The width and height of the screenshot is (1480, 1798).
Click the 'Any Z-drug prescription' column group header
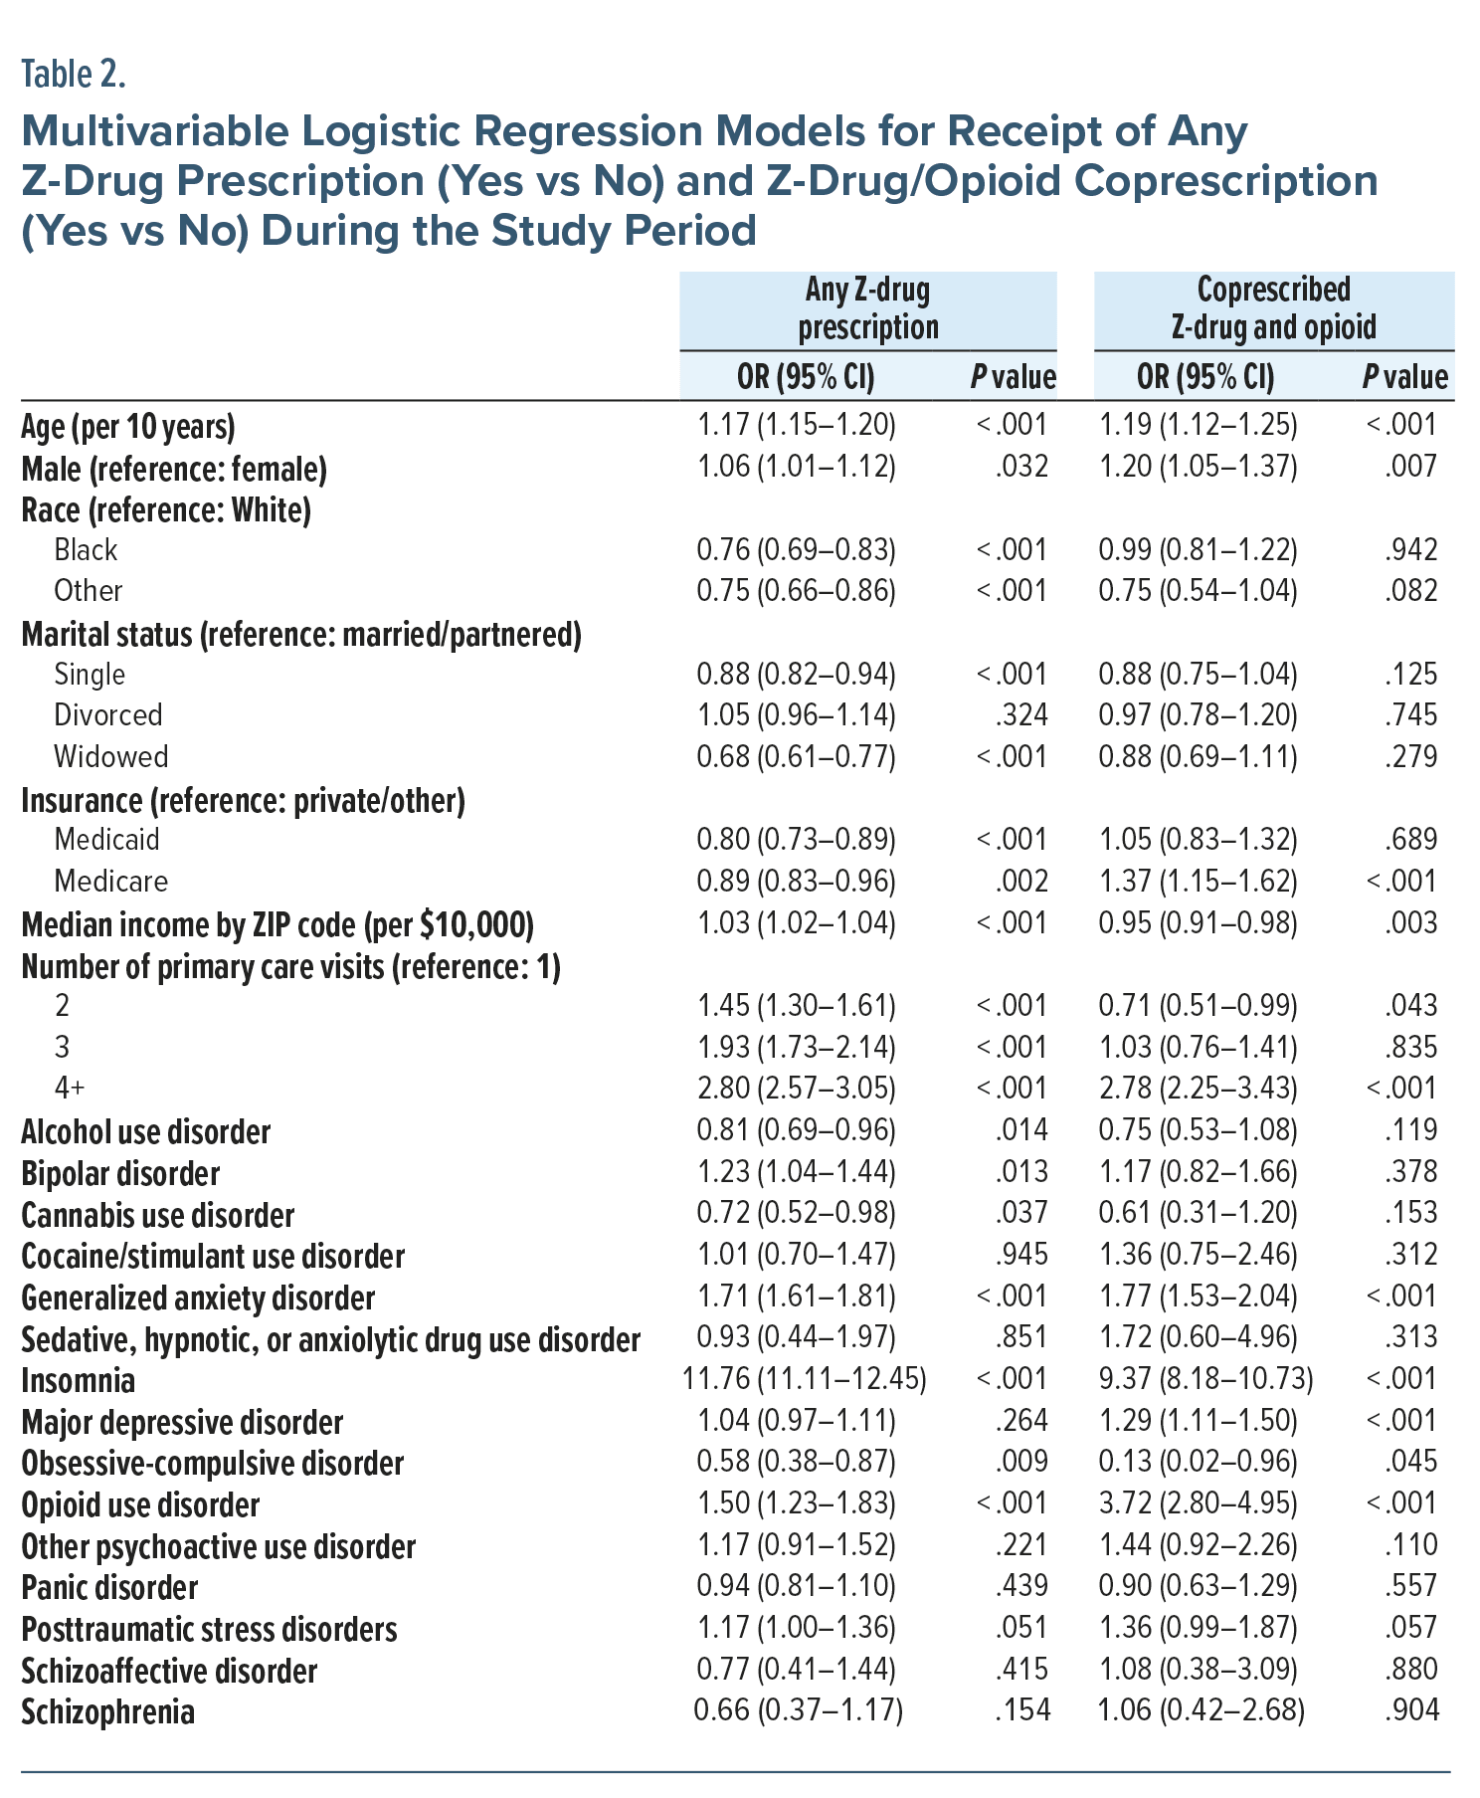coord(867,308)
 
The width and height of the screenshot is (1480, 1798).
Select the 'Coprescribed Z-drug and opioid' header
coord(1273,308)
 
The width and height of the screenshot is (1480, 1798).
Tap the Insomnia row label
coord(79,1381)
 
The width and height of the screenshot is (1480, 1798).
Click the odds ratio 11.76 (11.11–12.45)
coord(804,1379)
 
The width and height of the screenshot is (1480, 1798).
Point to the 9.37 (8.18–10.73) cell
coord(1205,1379)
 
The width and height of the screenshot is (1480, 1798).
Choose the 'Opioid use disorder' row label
coord(140,1505)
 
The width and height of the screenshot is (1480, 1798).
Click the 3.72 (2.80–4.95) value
coord(1198,1503)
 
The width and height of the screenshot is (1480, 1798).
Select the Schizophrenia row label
coord(108,1712)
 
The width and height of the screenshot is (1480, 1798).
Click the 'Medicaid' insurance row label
coord(106,840)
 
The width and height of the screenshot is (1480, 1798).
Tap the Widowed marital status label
coord(111,757)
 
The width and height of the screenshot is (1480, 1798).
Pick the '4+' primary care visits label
coord(70,1089)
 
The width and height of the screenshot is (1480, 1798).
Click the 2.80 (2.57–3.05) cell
coord(796,1089)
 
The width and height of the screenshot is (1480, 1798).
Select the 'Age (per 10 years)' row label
coord(128,427)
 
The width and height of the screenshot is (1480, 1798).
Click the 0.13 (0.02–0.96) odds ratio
coord(1198,1462)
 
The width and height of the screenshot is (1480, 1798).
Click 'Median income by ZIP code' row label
coord(277,925)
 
